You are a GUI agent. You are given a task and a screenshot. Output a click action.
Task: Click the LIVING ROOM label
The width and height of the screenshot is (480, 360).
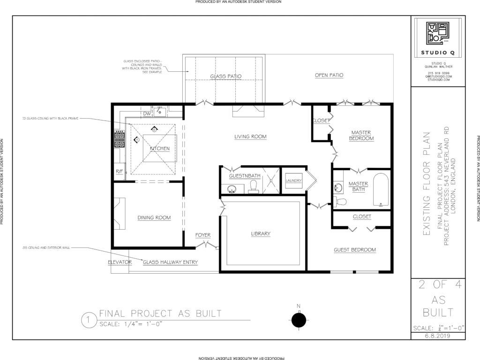(x=250, y=137)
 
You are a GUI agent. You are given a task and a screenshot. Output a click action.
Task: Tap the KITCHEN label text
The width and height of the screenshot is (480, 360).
(x=159, y=149)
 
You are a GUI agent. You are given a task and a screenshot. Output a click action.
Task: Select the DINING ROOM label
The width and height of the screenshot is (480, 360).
(x=154, y=217)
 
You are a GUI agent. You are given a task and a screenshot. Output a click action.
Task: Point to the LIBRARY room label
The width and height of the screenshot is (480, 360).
(x=261, y=233)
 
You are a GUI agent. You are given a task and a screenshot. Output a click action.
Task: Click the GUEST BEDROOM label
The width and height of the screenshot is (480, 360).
(x=354, y=250)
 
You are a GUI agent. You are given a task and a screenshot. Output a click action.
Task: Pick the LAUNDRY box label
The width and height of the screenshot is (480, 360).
(x=293, y=180)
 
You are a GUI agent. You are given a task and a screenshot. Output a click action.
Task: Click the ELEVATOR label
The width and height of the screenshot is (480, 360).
(x=120, y=262)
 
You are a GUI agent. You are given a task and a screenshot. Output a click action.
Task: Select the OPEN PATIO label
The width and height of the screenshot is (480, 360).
(x=329, y=75)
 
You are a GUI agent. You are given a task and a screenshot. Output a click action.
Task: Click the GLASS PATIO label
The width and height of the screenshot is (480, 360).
(x=225, y=75)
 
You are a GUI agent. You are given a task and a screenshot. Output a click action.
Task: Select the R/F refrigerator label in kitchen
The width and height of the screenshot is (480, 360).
(x=119, y=172)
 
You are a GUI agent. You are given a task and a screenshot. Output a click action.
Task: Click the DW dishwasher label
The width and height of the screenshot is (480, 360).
(x=146, y=113)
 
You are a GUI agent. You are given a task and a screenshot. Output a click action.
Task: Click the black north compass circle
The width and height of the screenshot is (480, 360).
(x=299, y=321)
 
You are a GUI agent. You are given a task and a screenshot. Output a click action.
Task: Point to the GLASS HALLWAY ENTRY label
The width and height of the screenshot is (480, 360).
(x=170, y=262)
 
